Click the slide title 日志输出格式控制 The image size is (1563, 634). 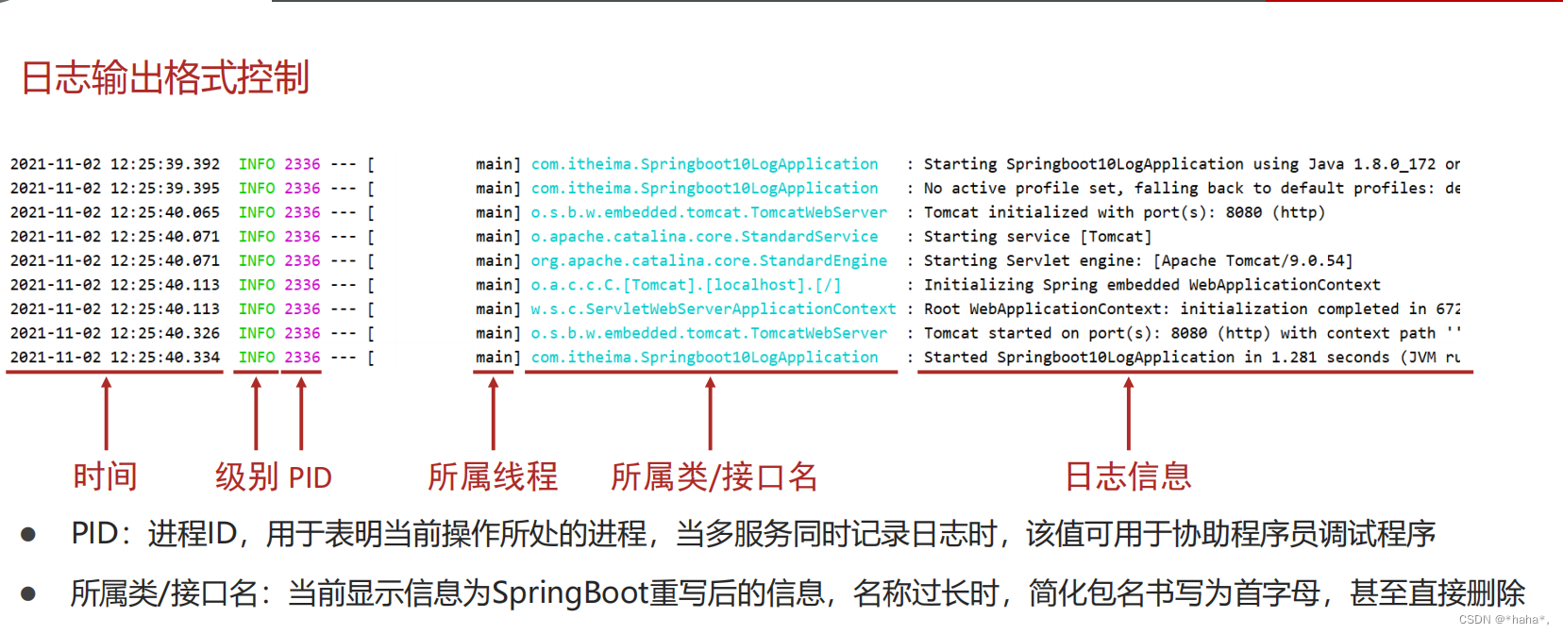click(x=165, y=77)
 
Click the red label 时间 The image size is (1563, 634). click(x=106, y=476)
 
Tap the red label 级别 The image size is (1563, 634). click(x=246, y=476)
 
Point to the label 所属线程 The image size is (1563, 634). click(x=493, y=476)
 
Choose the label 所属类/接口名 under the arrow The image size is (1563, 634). click(x=714, y=476)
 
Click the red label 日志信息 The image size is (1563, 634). click(x=1128, y=476)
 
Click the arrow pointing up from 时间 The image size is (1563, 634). click(x=107, y=413)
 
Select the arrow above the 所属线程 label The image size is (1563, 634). click(x=493, y=413)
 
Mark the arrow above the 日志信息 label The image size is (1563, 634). click(x=1128, y=413)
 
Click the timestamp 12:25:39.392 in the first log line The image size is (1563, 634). click(x=165, y=164)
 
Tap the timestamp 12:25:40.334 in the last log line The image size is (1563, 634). click(x=165, y=358)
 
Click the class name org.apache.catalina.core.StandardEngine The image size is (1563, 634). click(x=709, y=260)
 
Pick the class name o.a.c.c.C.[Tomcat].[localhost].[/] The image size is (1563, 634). click(x=685, y=285)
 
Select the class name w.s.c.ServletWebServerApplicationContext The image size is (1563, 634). click(x=714, y=309)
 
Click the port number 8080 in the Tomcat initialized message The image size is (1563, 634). click(x=1243, y=212)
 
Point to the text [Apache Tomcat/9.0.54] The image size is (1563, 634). click(x=1252, y=260)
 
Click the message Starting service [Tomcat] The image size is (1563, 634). click(x=1037, y=237)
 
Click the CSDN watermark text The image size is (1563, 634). click(x=1503, y=620)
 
